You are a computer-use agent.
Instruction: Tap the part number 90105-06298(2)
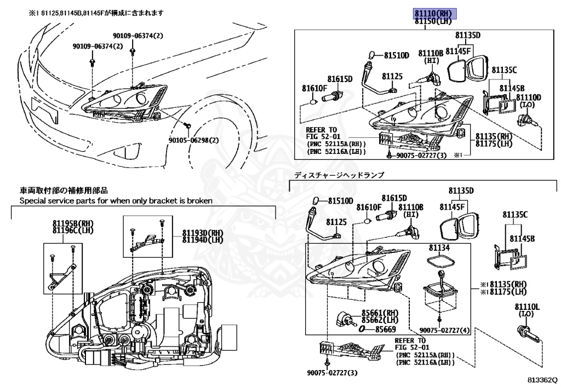(192, 140)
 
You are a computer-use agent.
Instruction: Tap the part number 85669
(386, 330)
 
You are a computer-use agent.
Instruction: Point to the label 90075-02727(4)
(444, 330)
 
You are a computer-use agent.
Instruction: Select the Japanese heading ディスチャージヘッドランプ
(339, 175)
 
